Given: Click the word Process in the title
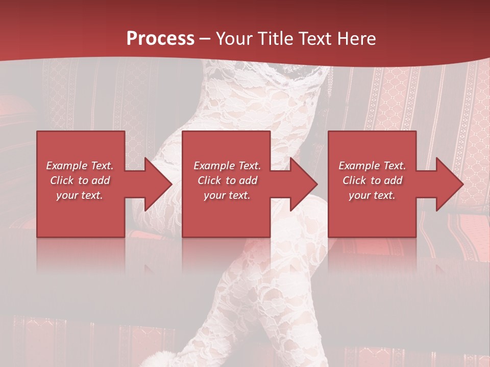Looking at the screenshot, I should point(160,38).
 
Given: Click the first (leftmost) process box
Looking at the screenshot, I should point(81,219).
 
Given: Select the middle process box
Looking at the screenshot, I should point(226,219).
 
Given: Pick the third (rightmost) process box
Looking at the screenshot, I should point(372,219).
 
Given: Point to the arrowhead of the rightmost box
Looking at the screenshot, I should point(449,184).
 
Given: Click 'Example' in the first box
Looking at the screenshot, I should point(67,166).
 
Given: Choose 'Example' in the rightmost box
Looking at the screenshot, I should point(359,166).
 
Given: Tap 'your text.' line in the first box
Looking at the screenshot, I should point(80,195).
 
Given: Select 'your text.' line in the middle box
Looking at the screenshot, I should point(227,195).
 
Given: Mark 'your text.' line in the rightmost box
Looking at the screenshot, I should point(372,195).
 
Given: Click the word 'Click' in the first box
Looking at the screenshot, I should point(62,180).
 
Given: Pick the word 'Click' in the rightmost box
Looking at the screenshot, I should point(355,180).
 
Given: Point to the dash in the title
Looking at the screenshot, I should point(205,39).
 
